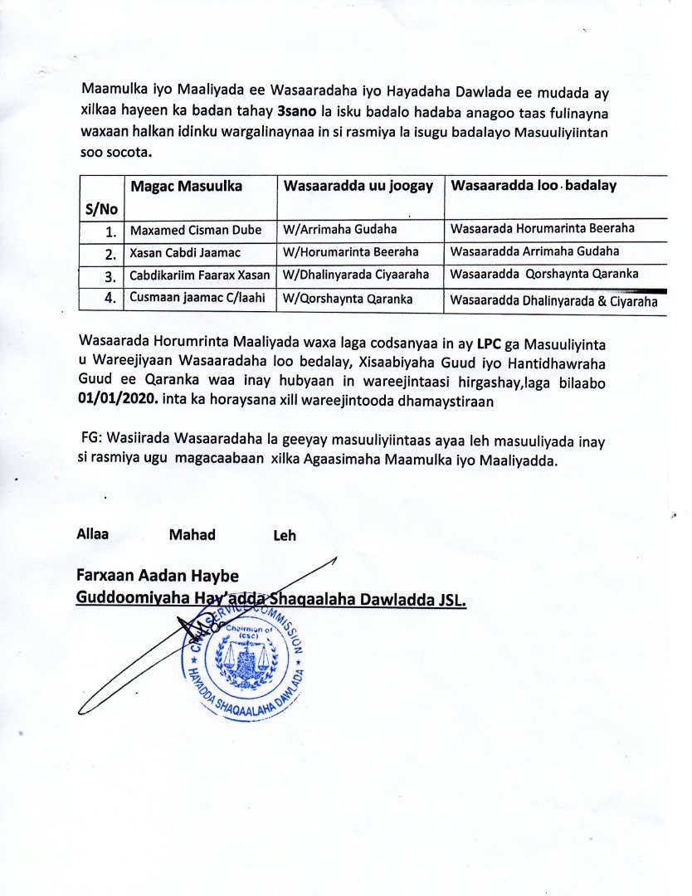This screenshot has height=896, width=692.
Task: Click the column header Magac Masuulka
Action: click(x=185, y=187)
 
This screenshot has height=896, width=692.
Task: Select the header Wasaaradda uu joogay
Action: click(x=358, y=187)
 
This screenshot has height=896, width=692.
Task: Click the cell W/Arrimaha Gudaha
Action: click(x=339, y=230)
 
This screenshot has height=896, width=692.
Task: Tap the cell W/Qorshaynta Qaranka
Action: click(x=348, y=297)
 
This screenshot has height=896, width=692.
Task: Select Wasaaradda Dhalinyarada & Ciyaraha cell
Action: click(x=553, y=303)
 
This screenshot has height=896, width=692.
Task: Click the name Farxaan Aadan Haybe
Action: click(x=158, y=575)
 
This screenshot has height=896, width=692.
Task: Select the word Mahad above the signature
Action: click(x=192, y=535)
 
